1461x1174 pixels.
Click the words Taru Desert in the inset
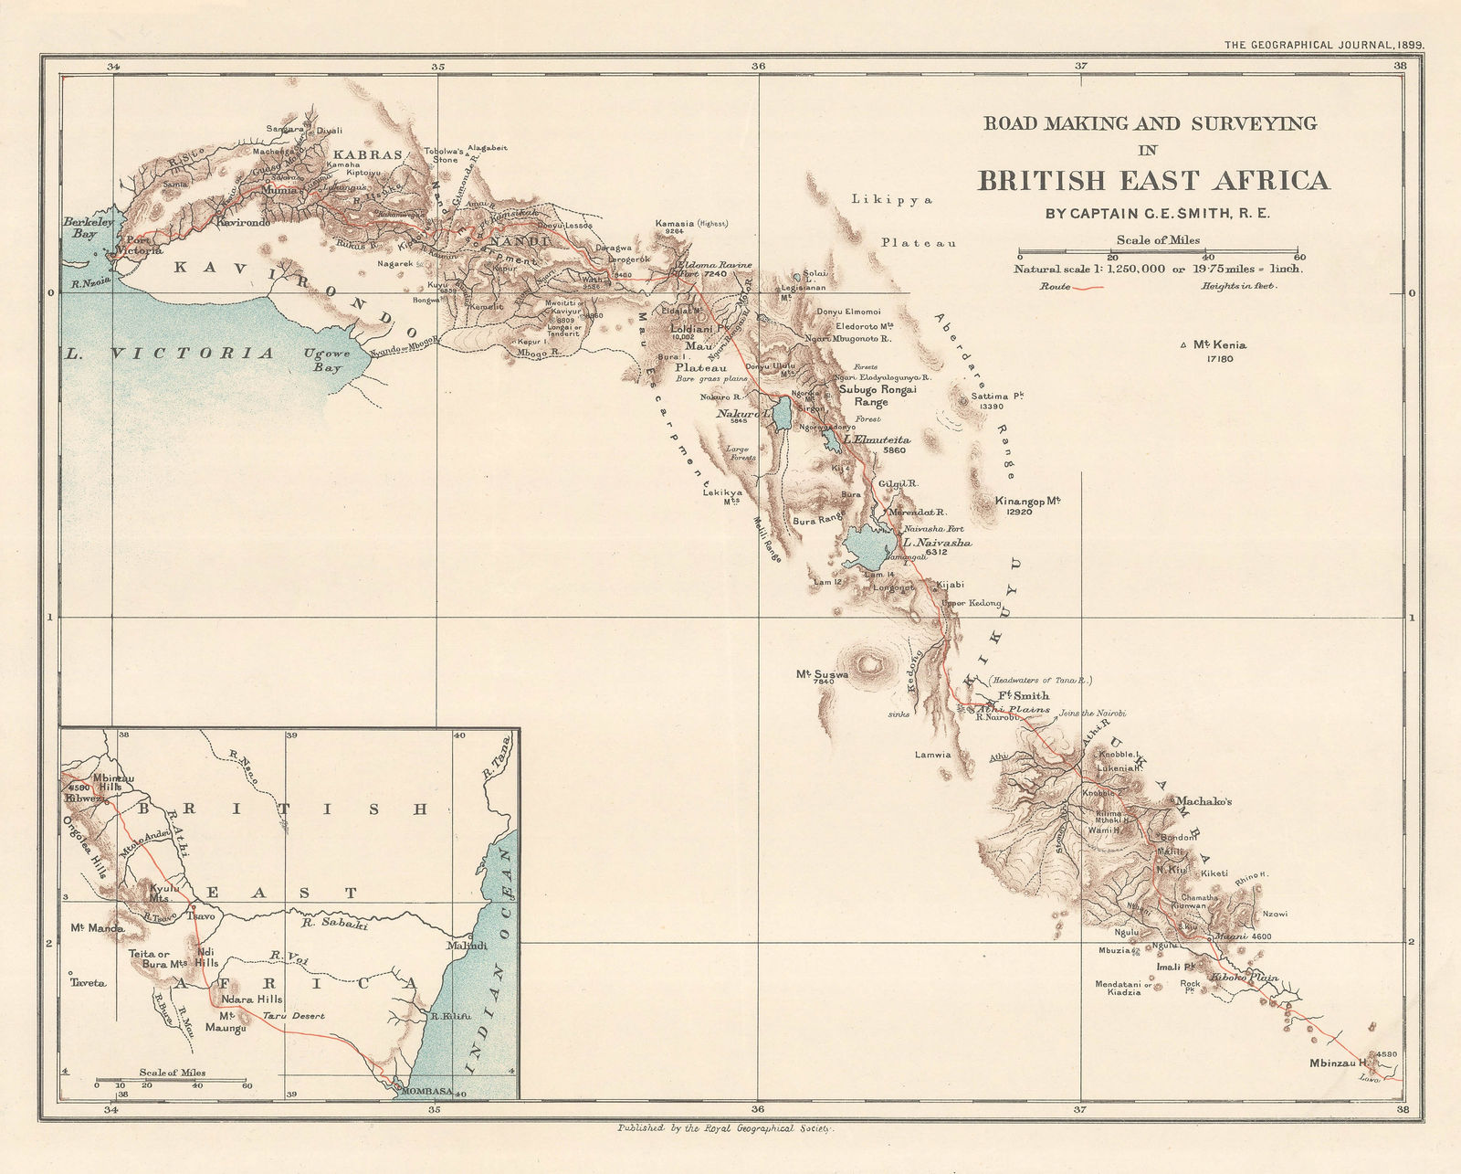293,1016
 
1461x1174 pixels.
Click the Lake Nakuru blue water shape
783,413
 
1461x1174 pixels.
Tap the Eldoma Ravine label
712,264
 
